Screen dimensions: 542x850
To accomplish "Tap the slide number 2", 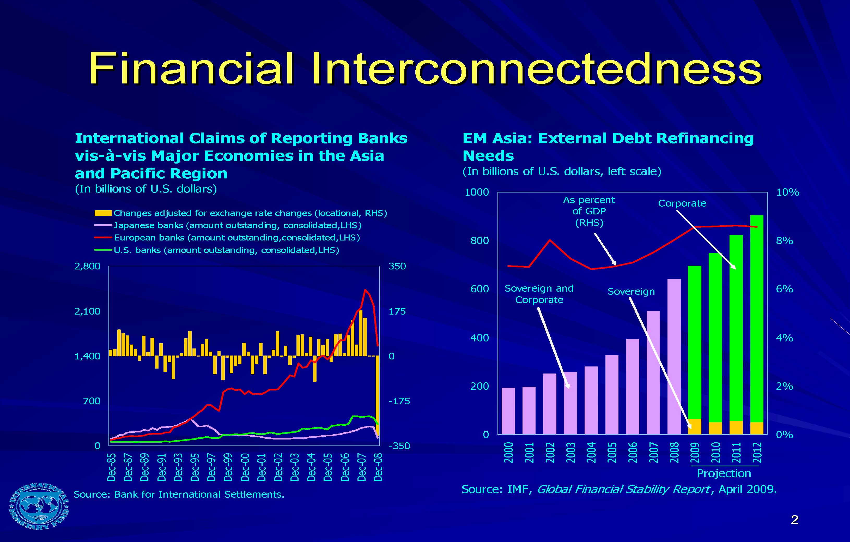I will pyautogui.click(x=794, y=519).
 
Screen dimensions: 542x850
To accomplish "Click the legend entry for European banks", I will pyautogui.click(x=236, y=238).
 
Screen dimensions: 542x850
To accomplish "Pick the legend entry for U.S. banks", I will pyautogui.click(x=226, y=250).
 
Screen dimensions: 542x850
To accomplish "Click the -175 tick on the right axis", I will pyautogui.click(x=399, y=401).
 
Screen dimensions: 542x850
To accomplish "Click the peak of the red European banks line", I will pyautogui.click(x=365, y=290).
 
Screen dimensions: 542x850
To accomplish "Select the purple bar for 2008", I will pyautogui.click(x=674, y=357).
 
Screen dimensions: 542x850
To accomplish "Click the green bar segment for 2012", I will pyautogui.click(x=756, y=318).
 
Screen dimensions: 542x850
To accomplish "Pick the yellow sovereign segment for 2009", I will pyautogui.click(x=694, y=426).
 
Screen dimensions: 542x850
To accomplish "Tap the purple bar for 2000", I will pyautogui.click(x=508, y=411).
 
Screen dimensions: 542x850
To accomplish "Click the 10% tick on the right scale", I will pyautogui.click(x=787, y=192).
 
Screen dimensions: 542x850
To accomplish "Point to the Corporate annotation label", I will pyautogui.click(x=682, y=203).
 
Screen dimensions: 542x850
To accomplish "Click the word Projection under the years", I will pyautogui.click(x=724, y=473).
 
